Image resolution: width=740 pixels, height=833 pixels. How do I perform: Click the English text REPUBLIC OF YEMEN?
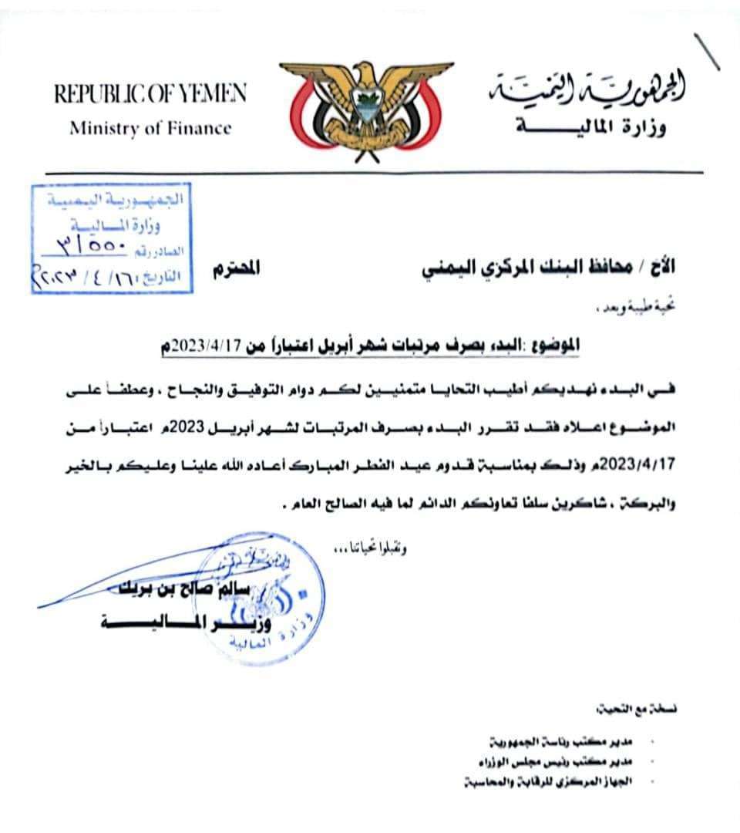point(150,96)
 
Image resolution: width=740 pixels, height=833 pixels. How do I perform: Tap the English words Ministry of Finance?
point(150,128)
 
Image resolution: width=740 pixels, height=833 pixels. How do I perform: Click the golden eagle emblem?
point(367,108)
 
